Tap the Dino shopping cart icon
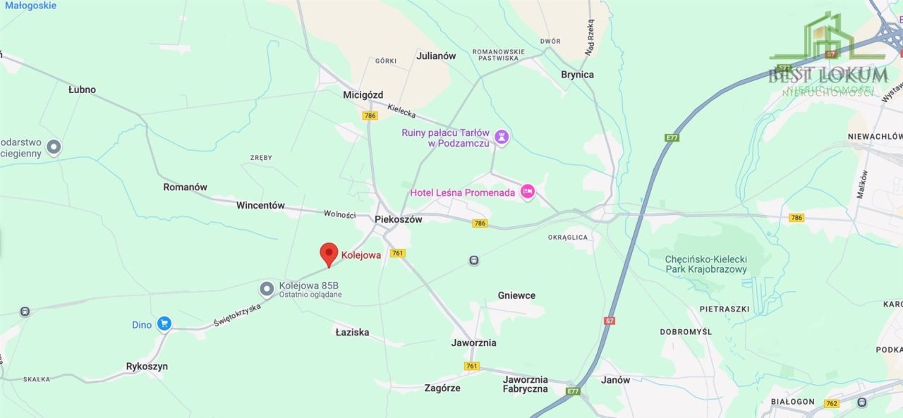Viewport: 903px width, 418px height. coord(164,324)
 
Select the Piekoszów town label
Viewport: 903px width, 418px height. coord(398,219)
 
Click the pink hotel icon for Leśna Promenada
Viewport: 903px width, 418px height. coord(527,191)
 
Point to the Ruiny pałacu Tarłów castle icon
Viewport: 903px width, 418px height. coord(501,137)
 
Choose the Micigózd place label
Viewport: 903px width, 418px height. coord(363,94)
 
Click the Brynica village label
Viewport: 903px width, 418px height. coord(577,74)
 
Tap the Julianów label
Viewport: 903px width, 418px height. coord(436,56)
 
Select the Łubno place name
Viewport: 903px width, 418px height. coord(82,90)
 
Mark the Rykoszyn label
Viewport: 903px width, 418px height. coord(147,367)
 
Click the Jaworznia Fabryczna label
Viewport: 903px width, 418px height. coord(525,384)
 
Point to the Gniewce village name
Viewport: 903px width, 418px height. coord(516,295)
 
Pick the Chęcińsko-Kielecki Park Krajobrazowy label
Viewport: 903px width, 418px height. coord(705,264)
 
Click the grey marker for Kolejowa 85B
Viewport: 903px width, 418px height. coord(267,288)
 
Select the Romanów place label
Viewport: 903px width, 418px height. coord(185,187)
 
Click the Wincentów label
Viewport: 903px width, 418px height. coord(260,206)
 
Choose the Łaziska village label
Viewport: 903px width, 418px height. coord(352,332)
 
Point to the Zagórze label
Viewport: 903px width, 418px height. coord(442,388)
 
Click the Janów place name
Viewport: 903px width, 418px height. coord(615,380)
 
